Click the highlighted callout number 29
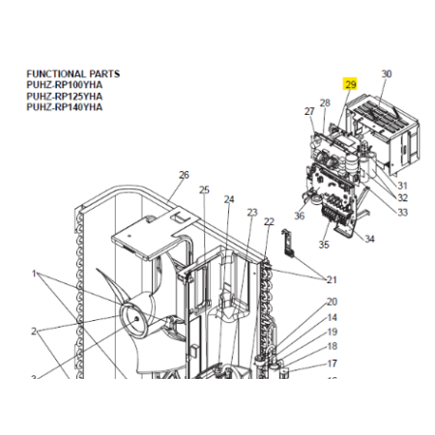pos(350,84)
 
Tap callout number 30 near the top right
pos(387,74)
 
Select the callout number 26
pos(184,175)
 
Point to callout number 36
pos(300,216)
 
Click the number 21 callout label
pos(332,279)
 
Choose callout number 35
pos(324,245)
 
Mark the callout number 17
pos(333,363)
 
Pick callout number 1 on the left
pos(34,274)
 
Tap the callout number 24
pos(229,200)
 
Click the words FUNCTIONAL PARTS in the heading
pos(73,73)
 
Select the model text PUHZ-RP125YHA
pos(65,97)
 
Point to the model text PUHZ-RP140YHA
pos(65,107)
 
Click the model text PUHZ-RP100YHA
pos(65,85)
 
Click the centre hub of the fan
pos(136,318)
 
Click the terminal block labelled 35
pos(333,215)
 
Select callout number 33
pos(402,213)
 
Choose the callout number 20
pos(332,302)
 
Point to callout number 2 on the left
pos(34,331)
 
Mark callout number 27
pos(309,111)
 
